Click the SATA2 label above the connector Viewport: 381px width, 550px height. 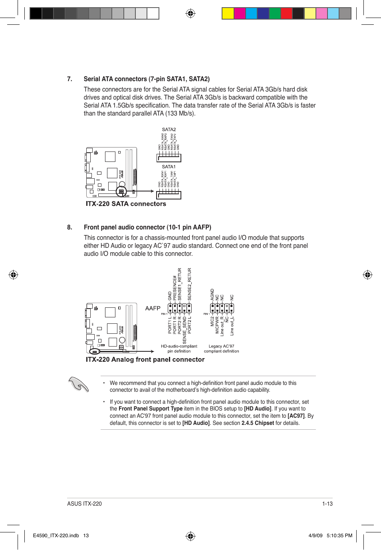(169, 130)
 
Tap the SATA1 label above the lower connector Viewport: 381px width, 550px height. (169, 167)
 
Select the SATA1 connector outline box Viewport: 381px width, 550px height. (169, 195)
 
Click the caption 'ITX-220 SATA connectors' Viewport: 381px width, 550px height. (126, 204)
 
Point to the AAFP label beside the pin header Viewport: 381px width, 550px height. (153, 308)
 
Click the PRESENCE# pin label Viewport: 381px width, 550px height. (175, 288)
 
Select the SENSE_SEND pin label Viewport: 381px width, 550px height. (185, 330)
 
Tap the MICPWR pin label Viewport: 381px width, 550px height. (217, 325)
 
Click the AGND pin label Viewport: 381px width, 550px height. (212, 295)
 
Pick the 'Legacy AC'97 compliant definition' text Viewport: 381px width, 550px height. (221, 349)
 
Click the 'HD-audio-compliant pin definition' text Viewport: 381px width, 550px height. (179, 349)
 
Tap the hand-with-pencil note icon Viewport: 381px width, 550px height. (78, 385)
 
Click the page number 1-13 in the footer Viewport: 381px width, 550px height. (327, 504)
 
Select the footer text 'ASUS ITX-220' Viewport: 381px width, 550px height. (84, 504)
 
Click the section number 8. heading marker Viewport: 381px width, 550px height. (69, 227)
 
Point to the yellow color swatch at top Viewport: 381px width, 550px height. (228, 14)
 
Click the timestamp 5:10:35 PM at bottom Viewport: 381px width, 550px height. (339, 536)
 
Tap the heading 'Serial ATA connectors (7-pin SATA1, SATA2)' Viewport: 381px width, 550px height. (147, 79)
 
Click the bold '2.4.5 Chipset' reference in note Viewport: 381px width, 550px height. (258, 423)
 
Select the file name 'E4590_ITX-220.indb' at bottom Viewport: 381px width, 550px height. (56, 536)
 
